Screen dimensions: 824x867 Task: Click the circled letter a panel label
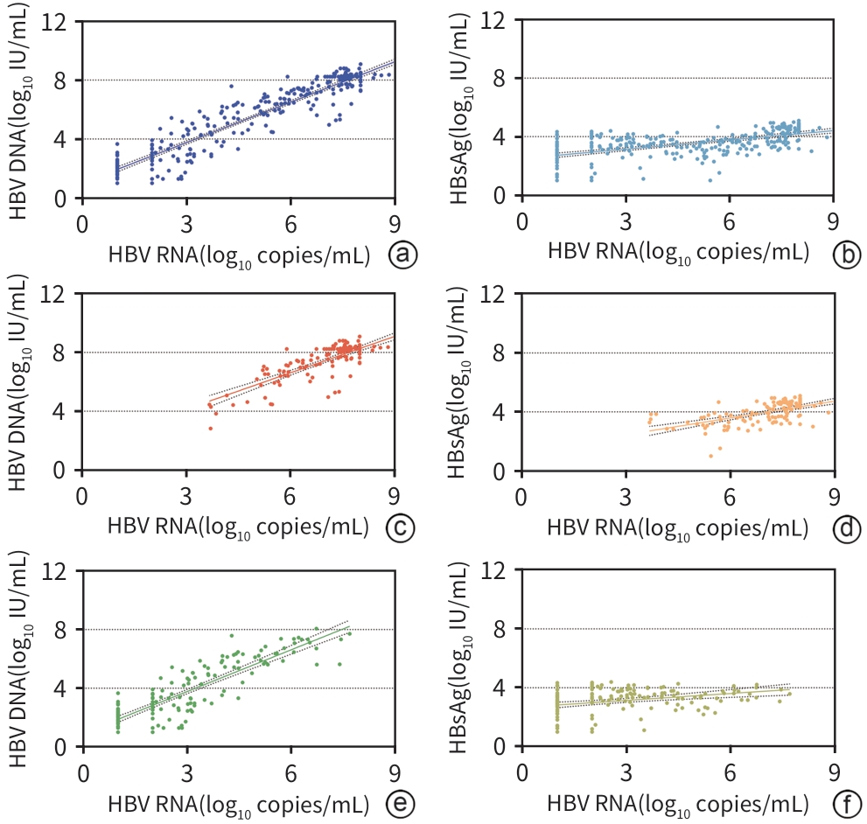pyautogui.click(x=402, y=255)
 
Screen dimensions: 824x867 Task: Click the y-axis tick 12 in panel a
pyautogui.click(x=60, y=21)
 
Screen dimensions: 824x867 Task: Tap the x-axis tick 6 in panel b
pyautogui.click(x=730, y=222)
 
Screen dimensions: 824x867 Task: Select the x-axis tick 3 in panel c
pyautogui.click(x=186, y=496)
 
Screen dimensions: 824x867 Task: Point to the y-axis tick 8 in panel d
pyautogui.click(x=500, y=353)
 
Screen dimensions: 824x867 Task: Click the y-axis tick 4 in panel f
pyautogui.click(x=500, y=688)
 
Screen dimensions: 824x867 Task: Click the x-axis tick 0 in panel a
pyautogui.click(x=83, y=222)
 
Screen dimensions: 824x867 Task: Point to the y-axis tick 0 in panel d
pyautogui.click(x=500, y=471)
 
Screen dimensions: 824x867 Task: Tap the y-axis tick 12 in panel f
pyautogui.click(x=496, y=570)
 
